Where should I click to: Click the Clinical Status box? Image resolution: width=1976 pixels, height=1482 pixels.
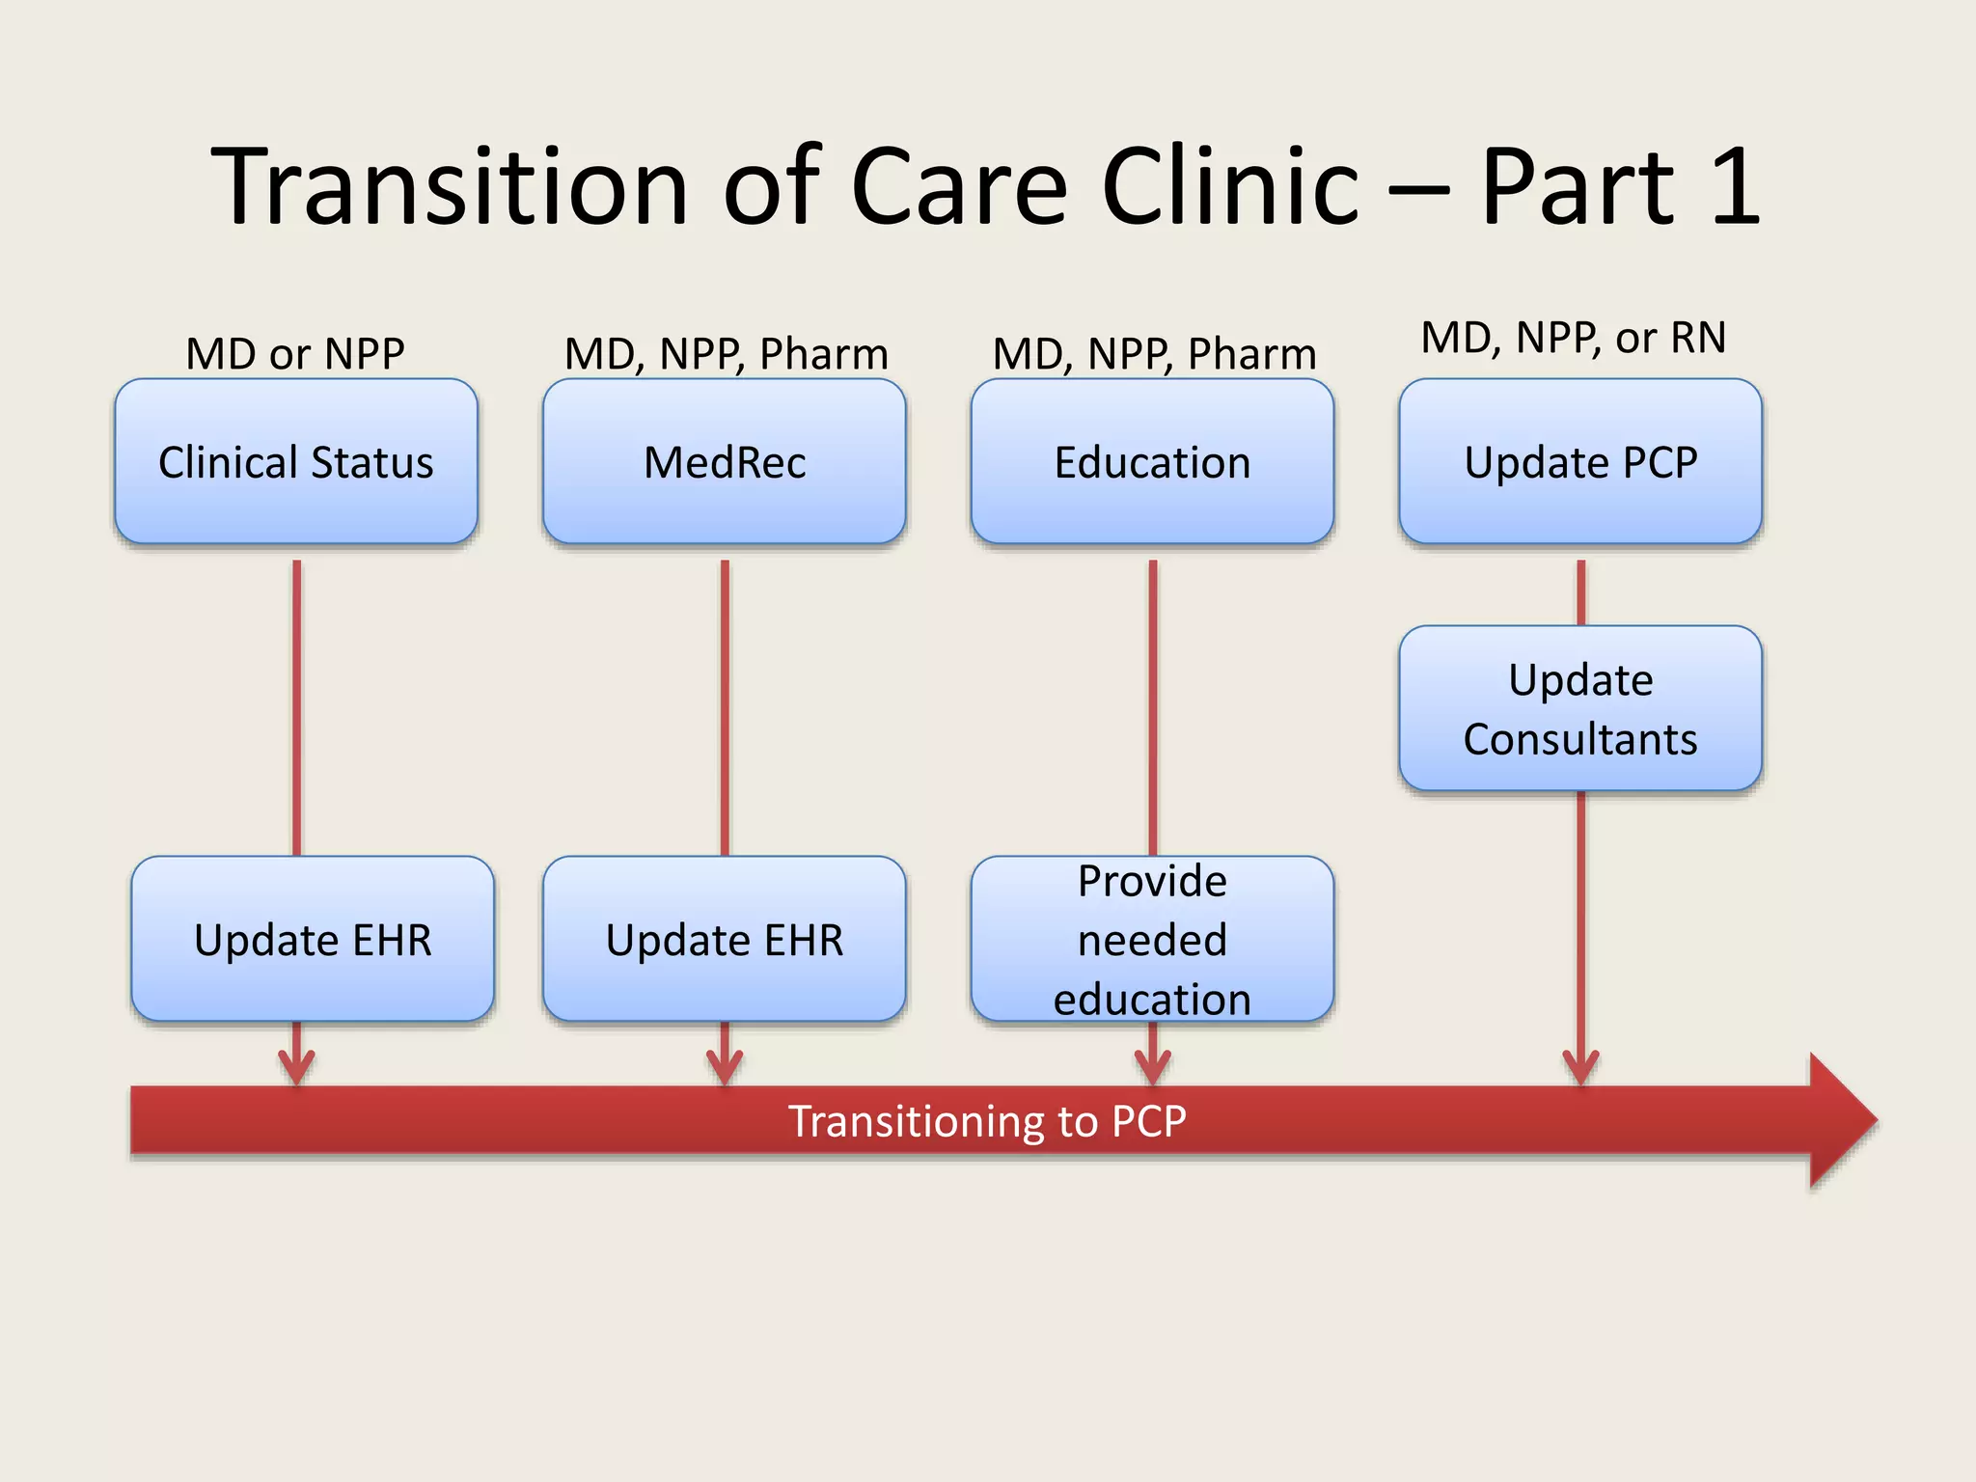click(295, 461)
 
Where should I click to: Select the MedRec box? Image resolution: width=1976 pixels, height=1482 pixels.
click(724, 461)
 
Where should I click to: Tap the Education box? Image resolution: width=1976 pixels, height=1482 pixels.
click(1152, 461)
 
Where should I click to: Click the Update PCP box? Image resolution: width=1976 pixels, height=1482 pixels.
click(1580, 461)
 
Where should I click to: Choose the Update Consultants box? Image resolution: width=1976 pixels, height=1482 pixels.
click(1580, 708)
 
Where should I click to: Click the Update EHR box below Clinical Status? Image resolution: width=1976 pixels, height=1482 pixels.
click(313, 939)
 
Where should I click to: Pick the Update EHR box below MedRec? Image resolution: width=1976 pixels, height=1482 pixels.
click(724, 939)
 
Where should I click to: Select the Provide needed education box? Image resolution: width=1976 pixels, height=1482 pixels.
click(1152, 939)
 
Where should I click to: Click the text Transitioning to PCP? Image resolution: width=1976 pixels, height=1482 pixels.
click(987, 1121)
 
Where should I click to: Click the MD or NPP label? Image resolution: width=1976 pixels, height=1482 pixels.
click(295, 354)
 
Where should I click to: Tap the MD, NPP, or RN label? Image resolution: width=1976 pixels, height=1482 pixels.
click(1574, 338)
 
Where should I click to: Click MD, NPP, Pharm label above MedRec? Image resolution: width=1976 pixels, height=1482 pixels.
click(726, 354)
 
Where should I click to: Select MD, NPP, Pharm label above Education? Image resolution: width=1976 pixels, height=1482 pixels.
click(1154, 354)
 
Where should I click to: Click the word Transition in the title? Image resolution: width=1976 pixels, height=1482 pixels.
click(450, 186)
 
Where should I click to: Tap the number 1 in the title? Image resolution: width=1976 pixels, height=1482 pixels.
click(1735, 186)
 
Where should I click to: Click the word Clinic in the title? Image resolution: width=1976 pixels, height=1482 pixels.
click(1230, 186)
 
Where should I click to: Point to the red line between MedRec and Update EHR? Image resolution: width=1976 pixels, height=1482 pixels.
click(725, 704)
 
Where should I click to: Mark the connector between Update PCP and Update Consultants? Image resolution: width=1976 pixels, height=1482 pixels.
click(1580, 592)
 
